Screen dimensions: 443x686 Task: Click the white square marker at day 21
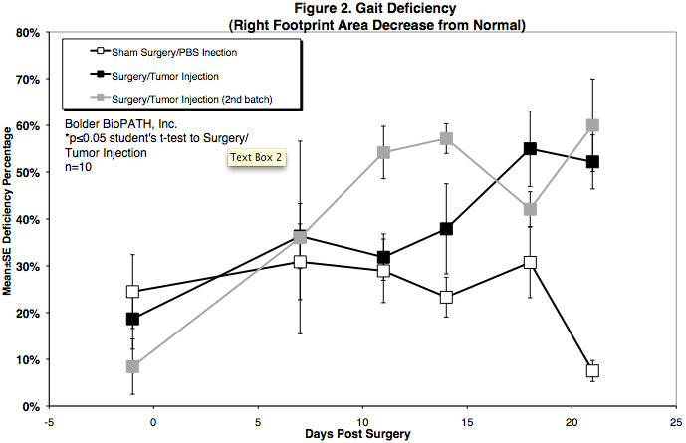tap(592, 371)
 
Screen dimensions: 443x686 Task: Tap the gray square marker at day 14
tap(446, 138)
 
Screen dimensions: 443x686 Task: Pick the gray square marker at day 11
tap(383, 153)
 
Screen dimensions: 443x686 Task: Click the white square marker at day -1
tap(132, 292)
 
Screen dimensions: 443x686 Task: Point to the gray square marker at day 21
tap(592, 125)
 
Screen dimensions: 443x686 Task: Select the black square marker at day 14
tap(446, 229)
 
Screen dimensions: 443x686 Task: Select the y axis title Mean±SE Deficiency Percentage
tap(8, 219)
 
